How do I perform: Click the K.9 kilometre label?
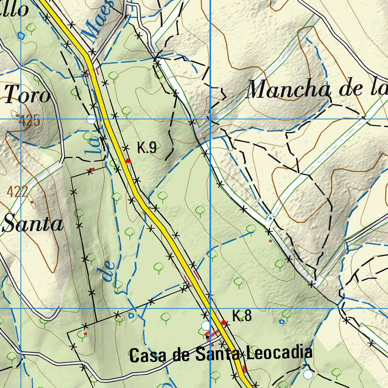click(147, 148)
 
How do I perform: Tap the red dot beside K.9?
click(128, 161)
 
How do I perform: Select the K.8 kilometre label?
click(242, 316)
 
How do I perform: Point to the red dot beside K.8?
click(224, 322)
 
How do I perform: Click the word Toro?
click(27, 95)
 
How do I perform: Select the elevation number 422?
click(17, 192)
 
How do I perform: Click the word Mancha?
click(287, 90)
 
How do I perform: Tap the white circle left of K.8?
click(205, 325)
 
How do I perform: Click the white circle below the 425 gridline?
click(91, 120)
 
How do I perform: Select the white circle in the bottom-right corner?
click(308, 374)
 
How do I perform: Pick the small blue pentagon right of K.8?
click(282, 321)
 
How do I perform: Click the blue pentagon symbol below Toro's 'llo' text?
click(22, 36)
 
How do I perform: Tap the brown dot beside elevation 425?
click(17, 115)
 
